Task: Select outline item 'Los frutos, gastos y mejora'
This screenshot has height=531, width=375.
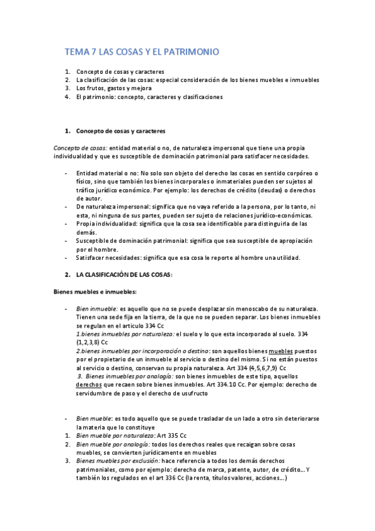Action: [x=114, y=88]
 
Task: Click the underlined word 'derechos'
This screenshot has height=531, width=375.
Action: [x=89, y=385]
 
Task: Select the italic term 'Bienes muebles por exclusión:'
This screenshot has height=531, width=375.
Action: [x=118, y=461]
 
